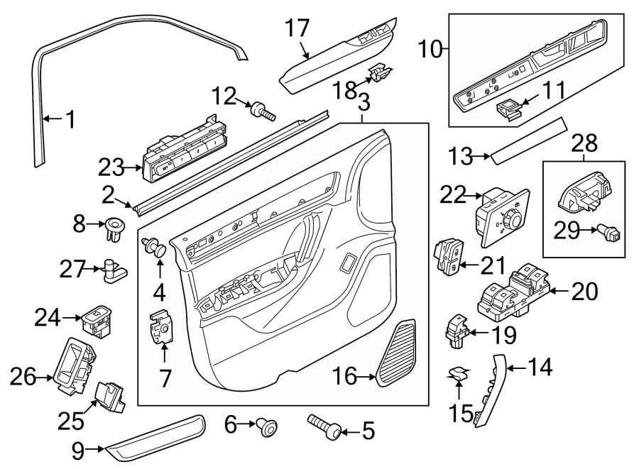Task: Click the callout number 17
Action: point(297,28)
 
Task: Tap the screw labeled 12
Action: point(262,110)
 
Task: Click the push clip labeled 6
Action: point(268,427)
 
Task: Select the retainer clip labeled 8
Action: point(114,227)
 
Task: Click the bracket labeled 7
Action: point(162,329)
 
